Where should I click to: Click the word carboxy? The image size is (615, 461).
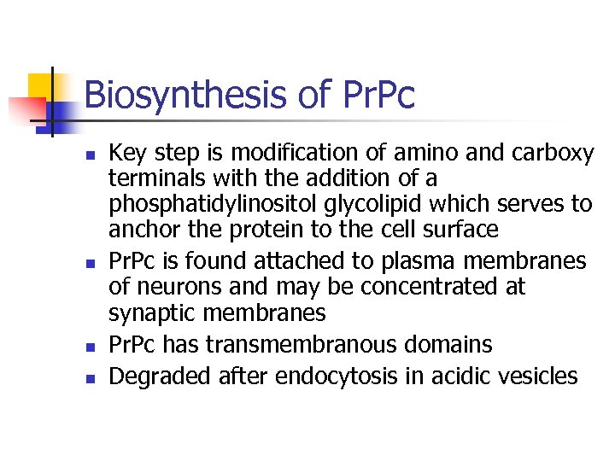click(x=554, y=154)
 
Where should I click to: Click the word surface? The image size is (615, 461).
click(x=462, y=230)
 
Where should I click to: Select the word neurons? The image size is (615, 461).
click(x=175, y=286)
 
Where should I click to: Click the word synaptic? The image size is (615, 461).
click(x=146, y=312)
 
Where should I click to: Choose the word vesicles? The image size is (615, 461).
click(x=536, y=376)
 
